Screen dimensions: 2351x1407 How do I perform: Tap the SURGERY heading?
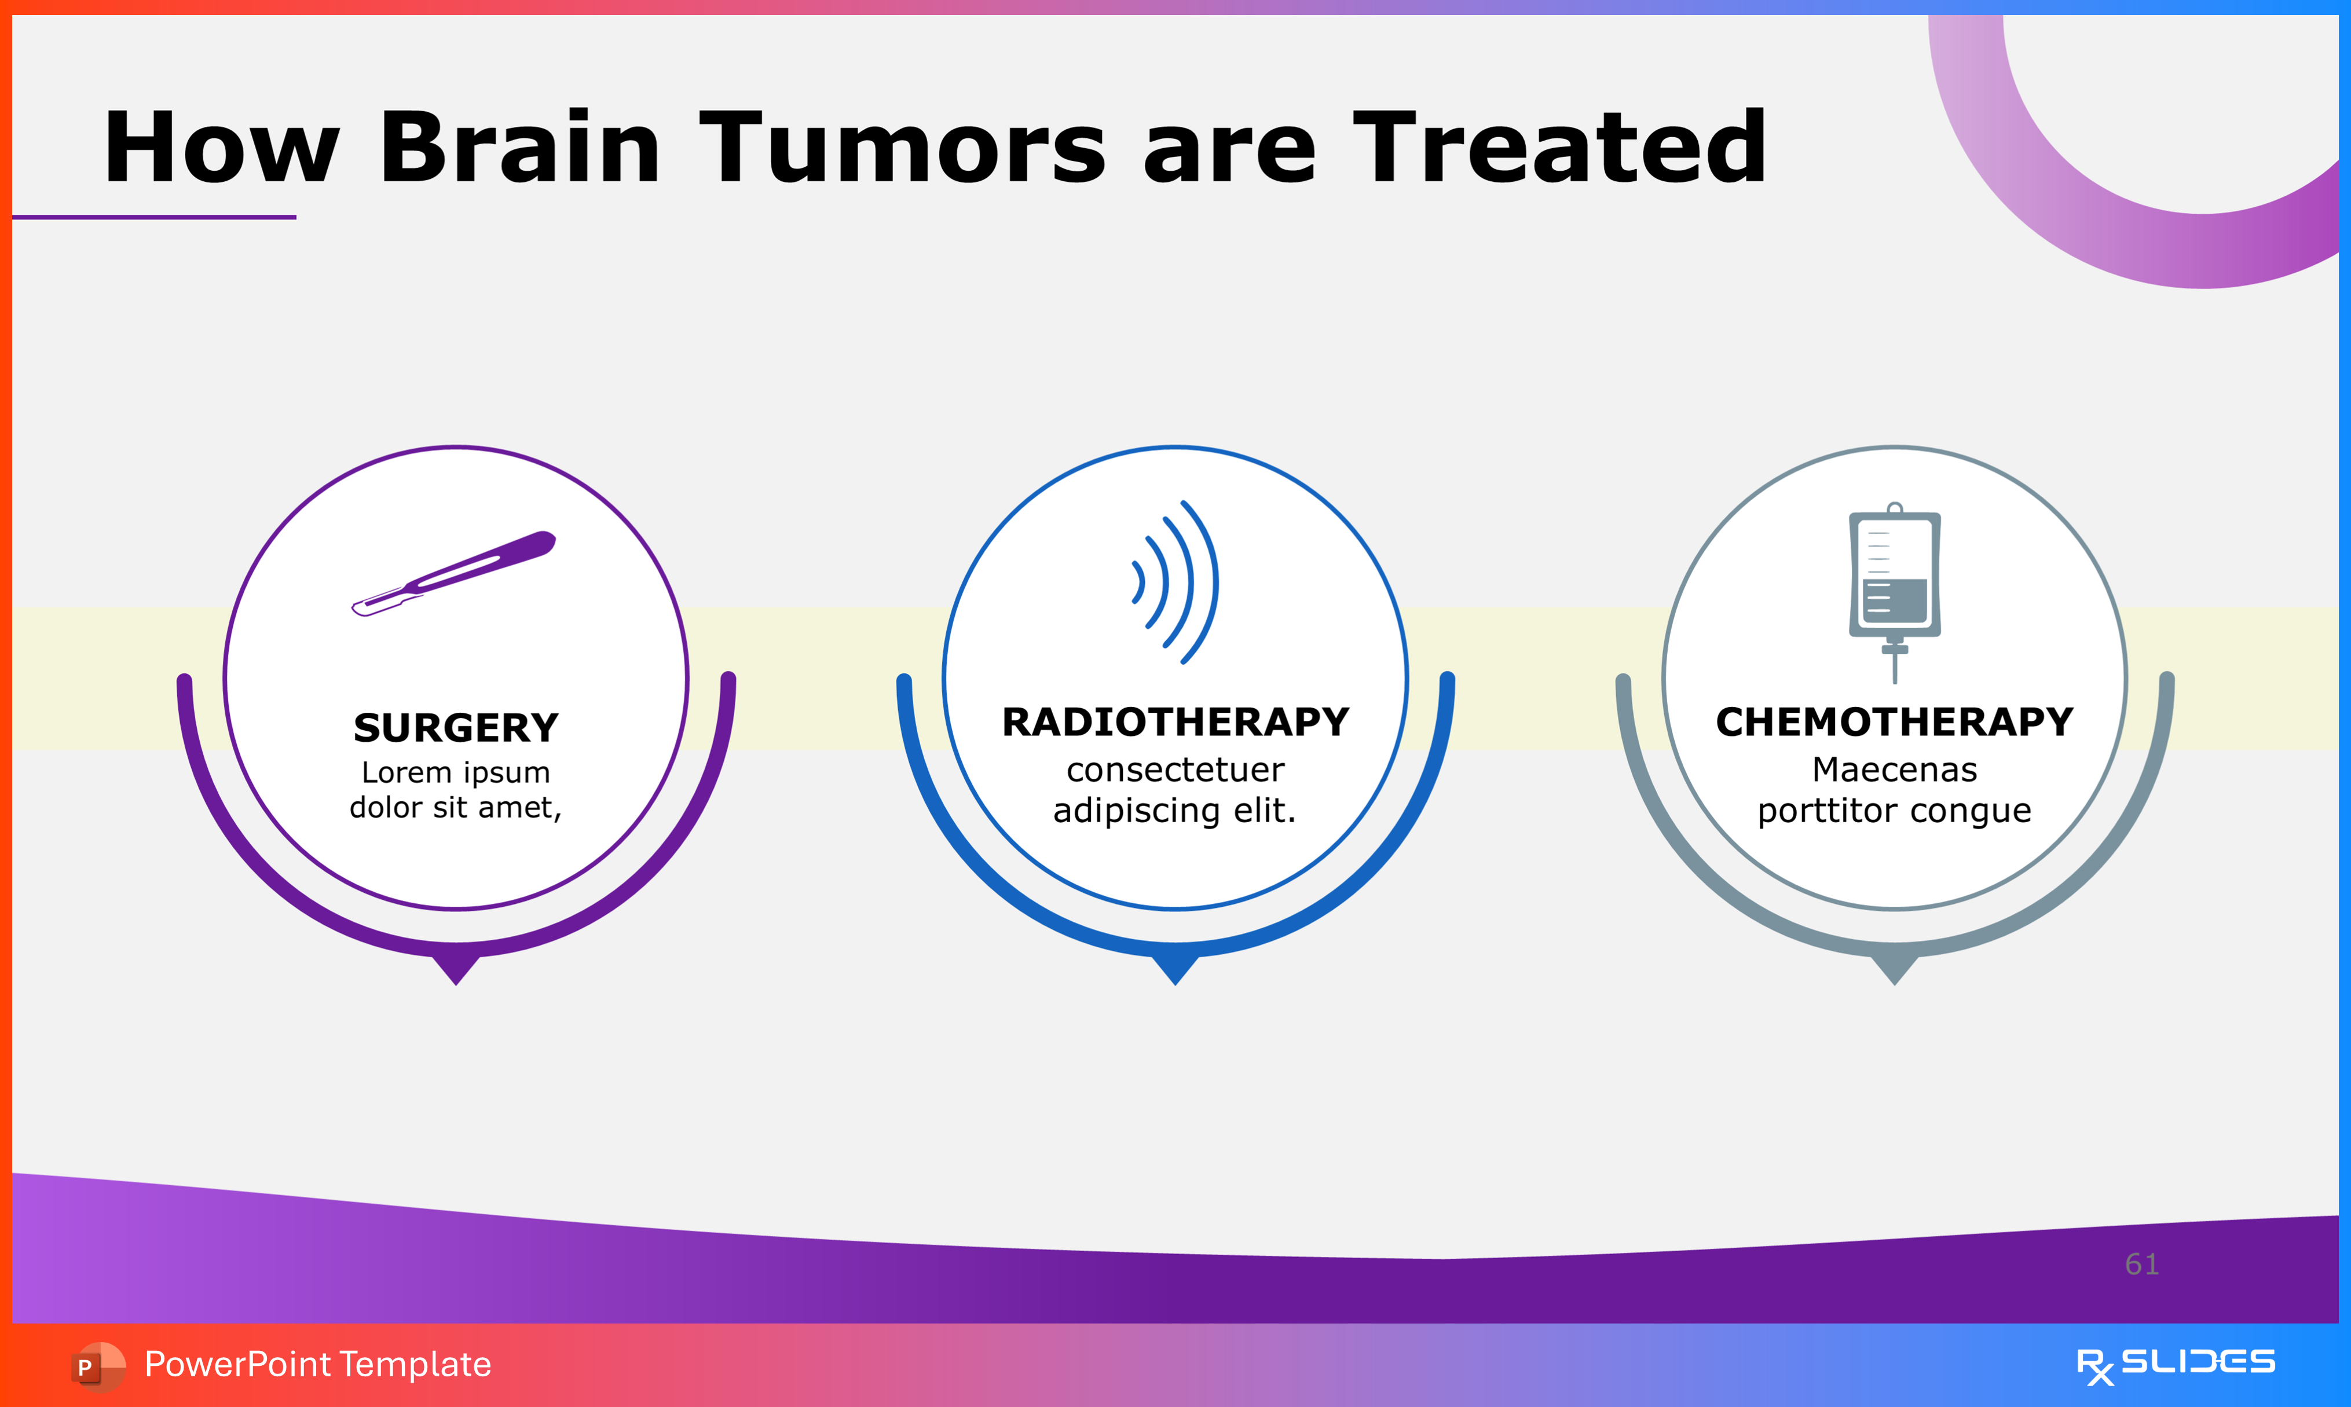(x=456, y=728)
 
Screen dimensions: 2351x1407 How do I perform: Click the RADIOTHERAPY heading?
(x=1175, y=723)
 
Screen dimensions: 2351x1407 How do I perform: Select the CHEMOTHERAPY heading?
(x=1894, y=723)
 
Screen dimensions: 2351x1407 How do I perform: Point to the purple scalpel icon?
(x=453, y=574)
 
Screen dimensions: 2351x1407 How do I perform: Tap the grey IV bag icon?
(x=1894, y=592)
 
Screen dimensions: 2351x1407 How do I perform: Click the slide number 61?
(x=2141, y=1264)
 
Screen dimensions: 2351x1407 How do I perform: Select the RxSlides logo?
(x=2176, y=1365)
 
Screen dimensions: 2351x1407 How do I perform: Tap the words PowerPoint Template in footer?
(x=317, y=1364)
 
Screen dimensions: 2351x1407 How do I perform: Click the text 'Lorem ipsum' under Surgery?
(x=456, y=773)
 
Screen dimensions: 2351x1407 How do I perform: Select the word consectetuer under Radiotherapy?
(x=1175, y=770)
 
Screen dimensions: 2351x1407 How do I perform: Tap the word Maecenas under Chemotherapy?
(x=1894, y=770)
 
